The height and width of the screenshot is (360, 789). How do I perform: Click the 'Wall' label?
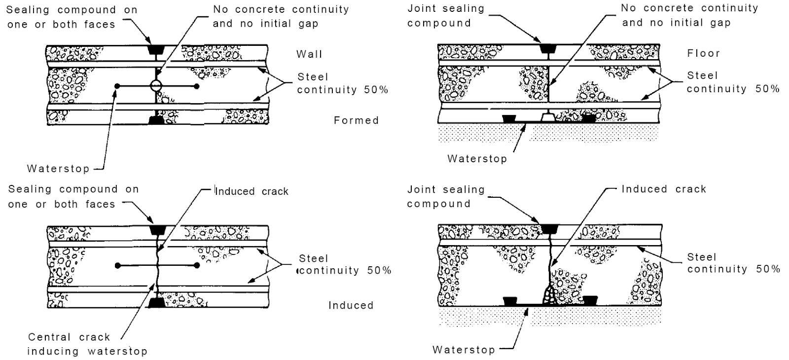click(x=309, y=54)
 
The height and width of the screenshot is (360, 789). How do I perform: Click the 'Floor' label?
click(x=704, y=53)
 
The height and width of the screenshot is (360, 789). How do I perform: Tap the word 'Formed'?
click(x=356, y=120)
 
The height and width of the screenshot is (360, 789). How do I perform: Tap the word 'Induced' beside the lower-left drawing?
click(x=351, y=305)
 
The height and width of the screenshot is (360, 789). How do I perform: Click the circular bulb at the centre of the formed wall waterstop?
click(x=155, y=86)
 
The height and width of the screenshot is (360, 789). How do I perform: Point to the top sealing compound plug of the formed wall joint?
click(x=156, y=50)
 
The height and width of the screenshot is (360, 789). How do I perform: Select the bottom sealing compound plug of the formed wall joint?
click(x=156, y=120)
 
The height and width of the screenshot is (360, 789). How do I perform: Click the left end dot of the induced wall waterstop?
click(x=117, y=265)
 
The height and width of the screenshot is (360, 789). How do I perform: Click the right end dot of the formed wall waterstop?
click(x=197, y=86)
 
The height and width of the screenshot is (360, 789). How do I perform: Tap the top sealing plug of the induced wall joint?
click(x=156, y=230)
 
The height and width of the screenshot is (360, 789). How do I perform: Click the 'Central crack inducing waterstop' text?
click(x=87, y=344)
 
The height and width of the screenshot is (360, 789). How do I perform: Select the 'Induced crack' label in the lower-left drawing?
click(x=251, y=191)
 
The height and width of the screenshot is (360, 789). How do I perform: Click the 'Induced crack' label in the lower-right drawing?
click(x=664, y=189)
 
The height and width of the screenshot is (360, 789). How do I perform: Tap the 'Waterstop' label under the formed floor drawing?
click(x=477, y=159)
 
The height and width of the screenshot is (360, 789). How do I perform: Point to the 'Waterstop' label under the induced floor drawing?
click(x=464, y=350)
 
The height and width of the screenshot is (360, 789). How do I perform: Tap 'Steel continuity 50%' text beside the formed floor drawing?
click(x=733, y=82)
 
